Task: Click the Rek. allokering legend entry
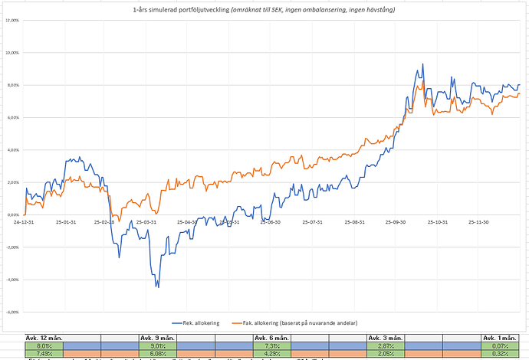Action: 202,323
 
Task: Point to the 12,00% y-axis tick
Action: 13,21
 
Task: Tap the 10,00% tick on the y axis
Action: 13,53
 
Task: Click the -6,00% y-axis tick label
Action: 13,312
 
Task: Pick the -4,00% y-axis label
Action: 13,280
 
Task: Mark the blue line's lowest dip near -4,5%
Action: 158,286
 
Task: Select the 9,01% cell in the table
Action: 156,345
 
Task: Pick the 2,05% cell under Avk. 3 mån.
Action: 386,353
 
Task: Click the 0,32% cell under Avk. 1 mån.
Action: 501,353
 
